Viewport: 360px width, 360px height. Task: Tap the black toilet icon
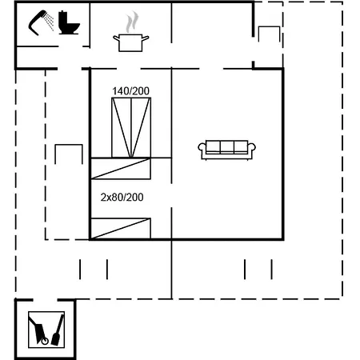70,24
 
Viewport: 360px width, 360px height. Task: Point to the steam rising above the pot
133,19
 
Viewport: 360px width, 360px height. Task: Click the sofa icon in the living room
228,148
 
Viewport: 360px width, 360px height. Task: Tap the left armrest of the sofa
202,149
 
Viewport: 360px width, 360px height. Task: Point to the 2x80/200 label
122,197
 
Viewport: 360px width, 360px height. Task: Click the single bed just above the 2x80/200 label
121,168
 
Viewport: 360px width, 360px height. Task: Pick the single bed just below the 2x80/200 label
121,228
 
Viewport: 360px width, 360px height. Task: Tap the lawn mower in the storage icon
38,330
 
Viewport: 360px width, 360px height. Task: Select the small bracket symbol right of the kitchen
269,34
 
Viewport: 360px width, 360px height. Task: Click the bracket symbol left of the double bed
69,154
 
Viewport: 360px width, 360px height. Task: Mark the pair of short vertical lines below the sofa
258,269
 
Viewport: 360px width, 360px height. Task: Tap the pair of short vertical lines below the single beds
94,269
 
